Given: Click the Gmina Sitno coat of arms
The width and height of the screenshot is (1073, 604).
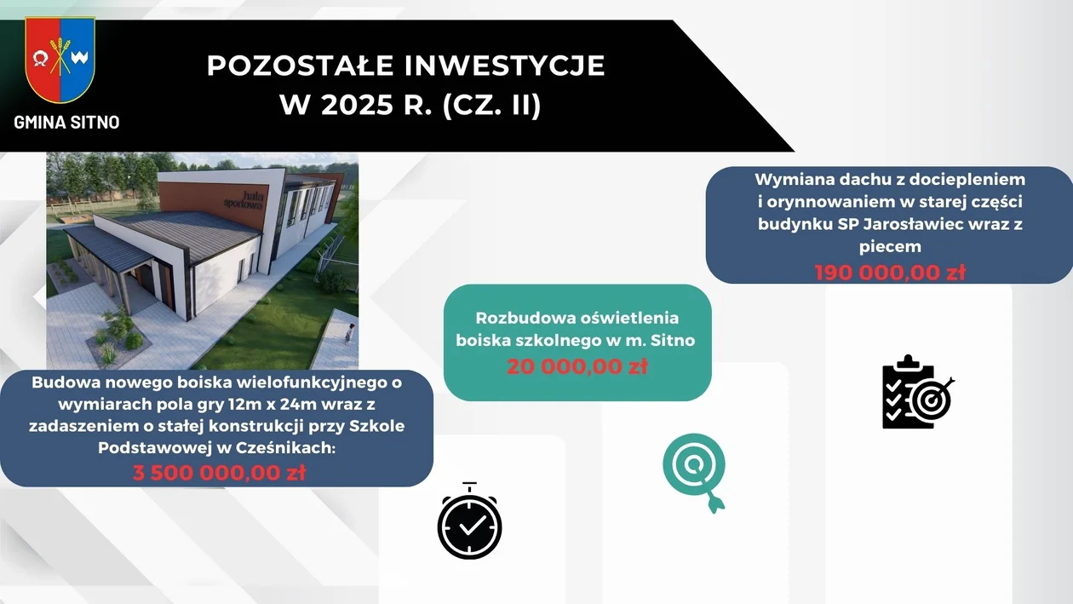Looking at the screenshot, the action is click(60, 60).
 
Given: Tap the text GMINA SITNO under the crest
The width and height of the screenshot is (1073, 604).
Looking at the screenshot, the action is click(66, 122).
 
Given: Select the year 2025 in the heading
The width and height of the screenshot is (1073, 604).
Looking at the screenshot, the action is click(357, 105).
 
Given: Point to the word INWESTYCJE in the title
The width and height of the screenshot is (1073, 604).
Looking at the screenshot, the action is click(505, 66).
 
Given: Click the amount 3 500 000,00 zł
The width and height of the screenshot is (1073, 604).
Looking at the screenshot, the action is click(219, 473).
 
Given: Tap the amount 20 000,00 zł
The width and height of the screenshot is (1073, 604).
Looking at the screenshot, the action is click(577, 366).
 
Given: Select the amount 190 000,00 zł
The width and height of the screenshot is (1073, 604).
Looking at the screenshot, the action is click(890, 273).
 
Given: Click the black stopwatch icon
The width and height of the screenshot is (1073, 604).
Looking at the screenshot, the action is click(469, 521).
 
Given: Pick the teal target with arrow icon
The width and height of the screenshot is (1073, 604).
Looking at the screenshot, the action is click(695, 472).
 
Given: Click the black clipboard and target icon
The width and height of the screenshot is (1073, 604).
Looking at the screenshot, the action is click(918, 392).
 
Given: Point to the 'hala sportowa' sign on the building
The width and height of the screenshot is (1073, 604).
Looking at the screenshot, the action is click(244, 199).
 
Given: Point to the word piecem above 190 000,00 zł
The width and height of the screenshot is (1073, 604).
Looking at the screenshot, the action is click(890, 246).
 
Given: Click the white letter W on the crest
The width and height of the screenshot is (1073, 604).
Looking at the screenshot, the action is click(79, 58).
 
